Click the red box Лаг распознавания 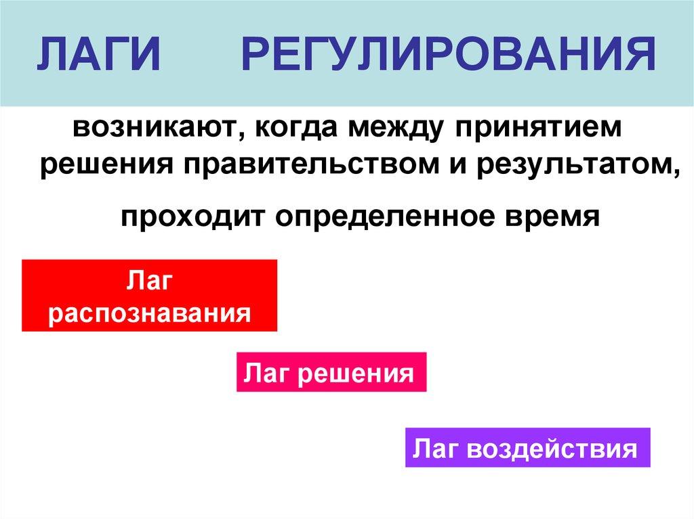tap(150, 296)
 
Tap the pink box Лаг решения tap(331, 372)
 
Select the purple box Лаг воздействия tap(527, 447)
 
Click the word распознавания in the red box tap(150, 314)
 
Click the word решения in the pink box tap(355, 373)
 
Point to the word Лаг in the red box tap(150, 279)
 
